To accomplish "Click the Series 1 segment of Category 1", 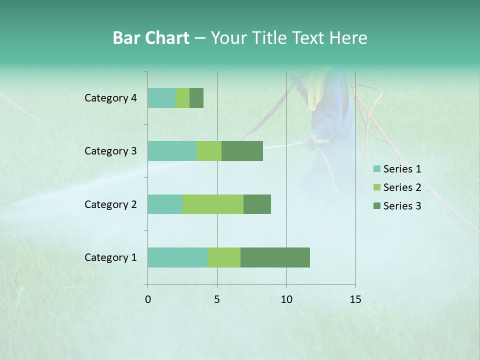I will click(x=177, y=257).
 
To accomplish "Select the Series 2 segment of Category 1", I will click(x=224, y=257).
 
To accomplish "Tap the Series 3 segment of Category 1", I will click(x=275, y=257).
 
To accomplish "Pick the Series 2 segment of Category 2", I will click(x=213, y=204).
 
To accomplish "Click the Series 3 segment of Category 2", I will click(x=257, y=204).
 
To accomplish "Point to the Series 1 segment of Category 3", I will click(x=172, y=151).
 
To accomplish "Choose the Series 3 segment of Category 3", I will click(x=242, y=151).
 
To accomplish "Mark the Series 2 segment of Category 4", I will click(x=182, y=98).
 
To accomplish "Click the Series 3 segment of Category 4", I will click(x=196, y=98).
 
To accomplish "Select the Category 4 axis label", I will click(x=110, y=98).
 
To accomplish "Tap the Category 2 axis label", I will click(x=110, y=204).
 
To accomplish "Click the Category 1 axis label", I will click(x=110, y=257).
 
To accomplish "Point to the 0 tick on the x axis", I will click(x=148, y=299).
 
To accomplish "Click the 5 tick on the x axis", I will click(x=217, y=299).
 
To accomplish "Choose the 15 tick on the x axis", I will click(x=355, y=299).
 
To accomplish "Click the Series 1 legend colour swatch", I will click(x=376, y=169).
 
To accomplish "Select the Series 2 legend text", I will click(x=402, y=187).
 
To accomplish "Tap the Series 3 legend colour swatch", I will click(x=376, y=206).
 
